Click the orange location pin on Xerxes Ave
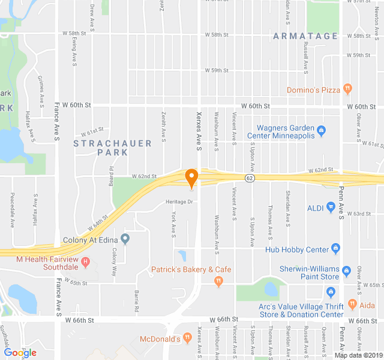point(192,178)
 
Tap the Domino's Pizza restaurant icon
point(347,89)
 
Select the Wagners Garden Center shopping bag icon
point(322,130)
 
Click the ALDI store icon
point(330,208)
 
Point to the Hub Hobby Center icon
point(335,248)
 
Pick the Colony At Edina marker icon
point(125,239)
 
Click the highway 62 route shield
point(248,178)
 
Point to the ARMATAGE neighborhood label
point(306,36)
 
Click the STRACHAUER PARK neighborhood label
point(101,148)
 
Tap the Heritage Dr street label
point(179,202)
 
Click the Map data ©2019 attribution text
point(358,355)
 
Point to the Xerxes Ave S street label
point(200,131)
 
